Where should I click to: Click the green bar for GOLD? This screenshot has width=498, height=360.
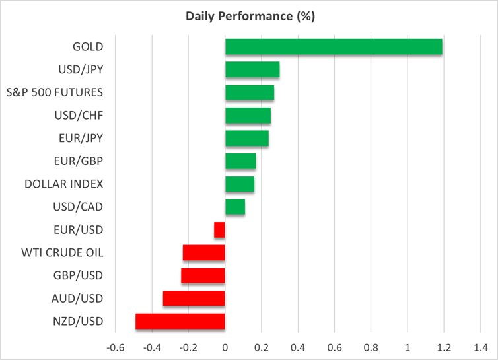pos(334,47)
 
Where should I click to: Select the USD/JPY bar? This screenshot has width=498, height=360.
pos(252,69)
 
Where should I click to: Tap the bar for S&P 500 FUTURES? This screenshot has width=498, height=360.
pos(250,92)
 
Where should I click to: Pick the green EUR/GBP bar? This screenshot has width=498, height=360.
pos(240,161)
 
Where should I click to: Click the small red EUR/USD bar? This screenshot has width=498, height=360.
pos(219,230)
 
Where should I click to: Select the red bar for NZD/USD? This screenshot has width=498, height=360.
pos(180,321)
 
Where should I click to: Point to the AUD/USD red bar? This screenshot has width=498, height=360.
pos(194,299)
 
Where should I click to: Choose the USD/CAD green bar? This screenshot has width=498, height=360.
pos(235,207)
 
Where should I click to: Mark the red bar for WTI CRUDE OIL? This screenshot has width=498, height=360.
pos(204,252)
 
